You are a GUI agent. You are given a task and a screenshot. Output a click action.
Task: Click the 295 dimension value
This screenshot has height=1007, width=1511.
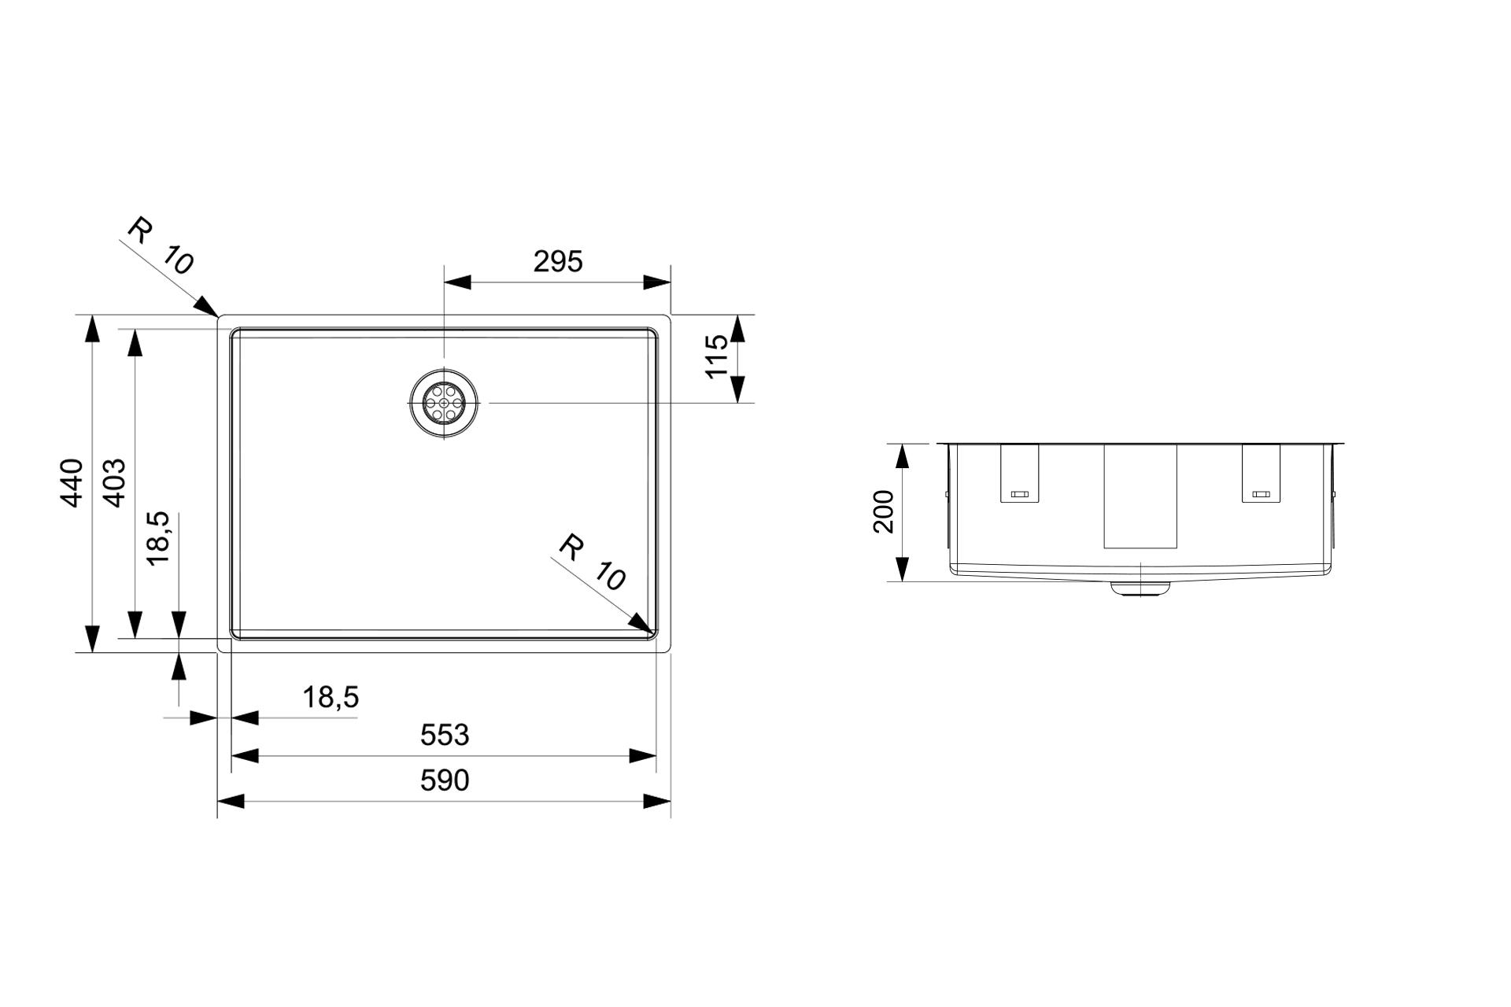pyautogui.click(x=558, y=261)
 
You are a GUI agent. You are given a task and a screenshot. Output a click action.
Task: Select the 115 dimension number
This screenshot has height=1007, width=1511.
pyautogui.click(x=717, y=356)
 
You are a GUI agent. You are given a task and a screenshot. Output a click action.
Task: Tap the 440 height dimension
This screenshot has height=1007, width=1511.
pyautogui.click(x=72, y=483)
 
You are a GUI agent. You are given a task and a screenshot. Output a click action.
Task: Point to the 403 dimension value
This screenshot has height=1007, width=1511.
pyautogui.click(x=114, y=483)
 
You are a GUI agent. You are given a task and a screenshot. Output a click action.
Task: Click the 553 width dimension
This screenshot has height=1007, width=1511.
pyautogui.click(x=445, y=735)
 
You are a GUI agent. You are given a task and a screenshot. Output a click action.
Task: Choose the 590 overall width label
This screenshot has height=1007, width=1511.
pyautogui.click(x=445, y=780)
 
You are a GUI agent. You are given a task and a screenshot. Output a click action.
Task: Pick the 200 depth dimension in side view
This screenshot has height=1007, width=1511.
pyautogui.click(x=884, y=511)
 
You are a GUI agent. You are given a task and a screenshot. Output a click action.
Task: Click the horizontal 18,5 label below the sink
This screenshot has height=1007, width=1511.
pyautogui.click(x=331, y=697)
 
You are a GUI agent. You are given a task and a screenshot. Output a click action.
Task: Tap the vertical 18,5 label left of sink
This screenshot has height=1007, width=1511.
pyautogui.click(x=158, y=538)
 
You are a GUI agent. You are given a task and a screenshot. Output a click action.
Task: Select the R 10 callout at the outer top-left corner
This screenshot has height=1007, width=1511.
pyautogui.click(x=161, y=246)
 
